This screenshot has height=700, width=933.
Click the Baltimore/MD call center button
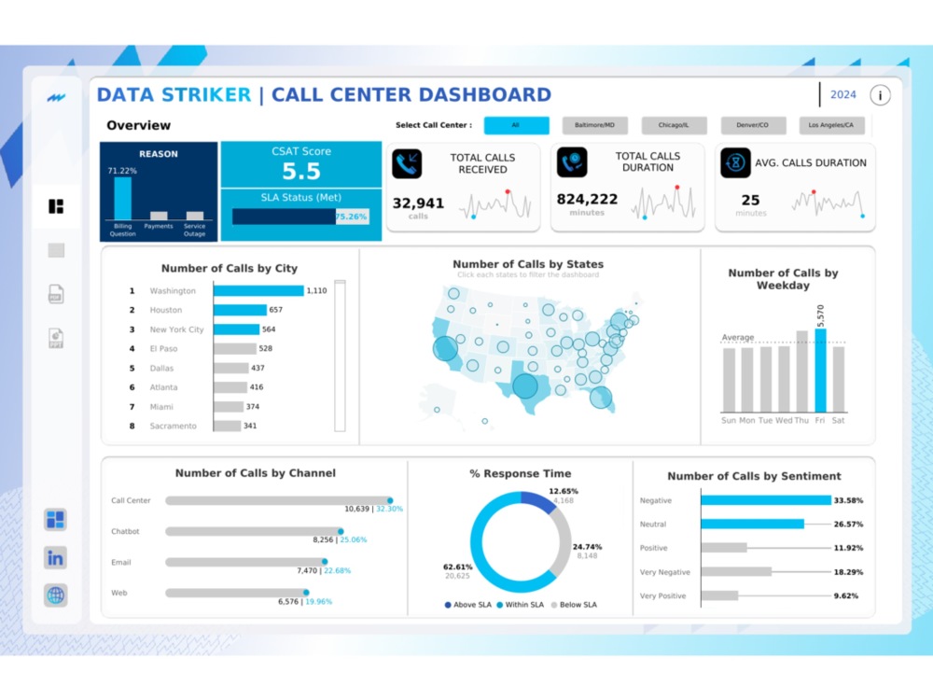[594, 125]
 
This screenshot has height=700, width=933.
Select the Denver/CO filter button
[752, 125]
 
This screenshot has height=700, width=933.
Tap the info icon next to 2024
[880, 95]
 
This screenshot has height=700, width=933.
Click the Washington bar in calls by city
[258, 291]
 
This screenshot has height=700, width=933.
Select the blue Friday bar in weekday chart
[820, 371]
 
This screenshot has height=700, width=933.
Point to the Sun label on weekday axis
[729, 421]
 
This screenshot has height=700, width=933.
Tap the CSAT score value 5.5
[301, 172]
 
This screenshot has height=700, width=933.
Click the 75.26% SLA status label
[351, 217]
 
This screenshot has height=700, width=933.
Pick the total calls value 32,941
[418, 203]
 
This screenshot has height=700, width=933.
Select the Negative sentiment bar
[765, 500]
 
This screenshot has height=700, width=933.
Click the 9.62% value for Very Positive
[845, 595]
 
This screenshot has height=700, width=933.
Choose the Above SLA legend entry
[470, 605]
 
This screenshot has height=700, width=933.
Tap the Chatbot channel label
[125, 531]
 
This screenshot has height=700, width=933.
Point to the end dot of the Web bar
[305, 593]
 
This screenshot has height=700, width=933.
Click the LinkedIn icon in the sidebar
[55, 558]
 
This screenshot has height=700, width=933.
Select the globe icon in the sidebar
[55, 595]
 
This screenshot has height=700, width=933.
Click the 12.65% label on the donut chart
[564, 491]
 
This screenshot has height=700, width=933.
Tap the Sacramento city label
[174, 426]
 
